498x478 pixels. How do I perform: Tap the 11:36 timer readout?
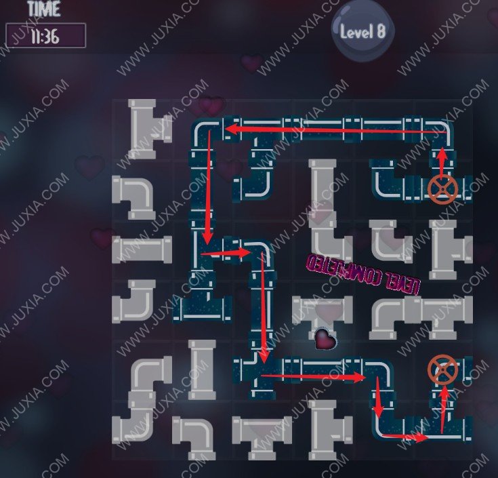(x=45, y=35)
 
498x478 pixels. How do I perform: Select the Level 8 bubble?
(x=363, y=31)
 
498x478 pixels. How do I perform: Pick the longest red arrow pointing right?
(x=313, y=375)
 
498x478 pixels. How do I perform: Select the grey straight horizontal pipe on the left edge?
(x=142, y=250)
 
